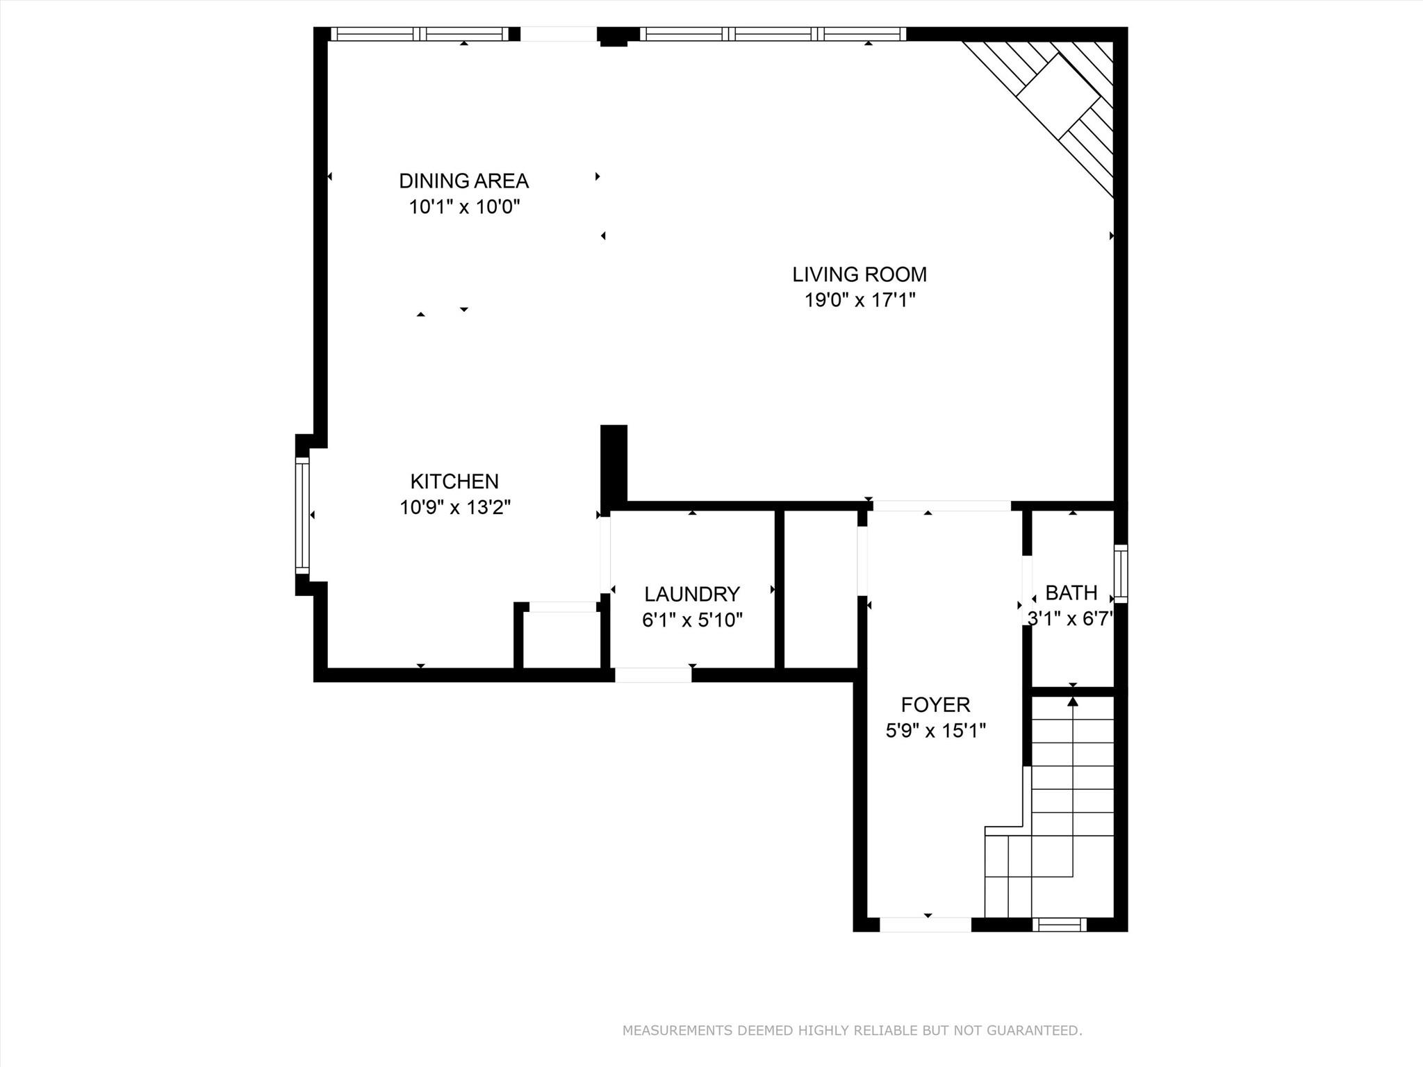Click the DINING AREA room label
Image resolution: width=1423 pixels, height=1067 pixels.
point(463,181)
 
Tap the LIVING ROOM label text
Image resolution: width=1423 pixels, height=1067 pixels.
point(859,274)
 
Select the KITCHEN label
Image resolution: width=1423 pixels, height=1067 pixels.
point(454,481)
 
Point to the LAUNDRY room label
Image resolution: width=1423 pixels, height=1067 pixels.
point(692,594)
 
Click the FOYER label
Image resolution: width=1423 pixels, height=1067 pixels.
point(935,705)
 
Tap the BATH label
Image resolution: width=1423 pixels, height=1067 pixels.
point(1071,593)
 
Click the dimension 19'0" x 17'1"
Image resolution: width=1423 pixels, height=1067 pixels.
point(859,300)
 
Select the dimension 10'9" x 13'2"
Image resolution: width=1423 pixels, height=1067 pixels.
point(455,507)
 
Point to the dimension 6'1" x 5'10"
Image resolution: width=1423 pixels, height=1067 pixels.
point(692,620)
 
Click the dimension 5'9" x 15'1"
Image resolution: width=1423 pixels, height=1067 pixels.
point(935,731)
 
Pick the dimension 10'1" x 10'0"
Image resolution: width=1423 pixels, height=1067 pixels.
point(464,207)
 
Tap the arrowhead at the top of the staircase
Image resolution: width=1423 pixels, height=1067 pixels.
point(1073,702)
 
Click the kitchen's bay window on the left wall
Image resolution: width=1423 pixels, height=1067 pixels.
point(302,515)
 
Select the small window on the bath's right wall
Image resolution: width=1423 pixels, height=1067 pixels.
point(1121,574)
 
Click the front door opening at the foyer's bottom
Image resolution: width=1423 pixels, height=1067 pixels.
point(926,925)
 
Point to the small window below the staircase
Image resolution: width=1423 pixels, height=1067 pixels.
point(1059,925)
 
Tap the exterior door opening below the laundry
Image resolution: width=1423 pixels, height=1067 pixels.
point(653,675)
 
